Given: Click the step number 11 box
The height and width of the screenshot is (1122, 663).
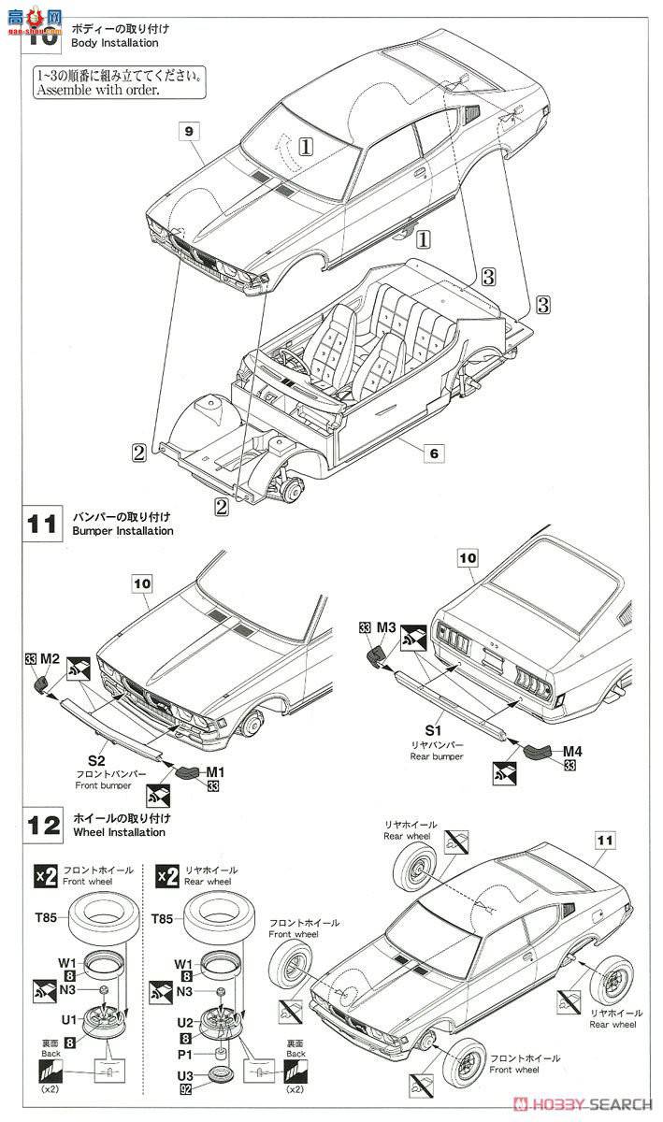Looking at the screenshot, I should click(40, 525).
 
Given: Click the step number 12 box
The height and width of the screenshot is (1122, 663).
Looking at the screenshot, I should click(40, 825).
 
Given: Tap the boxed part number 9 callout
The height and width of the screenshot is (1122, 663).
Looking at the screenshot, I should click(188, 133).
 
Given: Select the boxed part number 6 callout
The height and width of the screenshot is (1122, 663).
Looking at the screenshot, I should click(434, 453).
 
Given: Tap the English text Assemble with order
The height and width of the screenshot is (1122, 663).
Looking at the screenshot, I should click(97, 91).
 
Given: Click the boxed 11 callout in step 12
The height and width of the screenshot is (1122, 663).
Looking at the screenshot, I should click(605, 841).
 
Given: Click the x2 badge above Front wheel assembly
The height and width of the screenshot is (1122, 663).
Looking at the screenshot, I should click(46, 875).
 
